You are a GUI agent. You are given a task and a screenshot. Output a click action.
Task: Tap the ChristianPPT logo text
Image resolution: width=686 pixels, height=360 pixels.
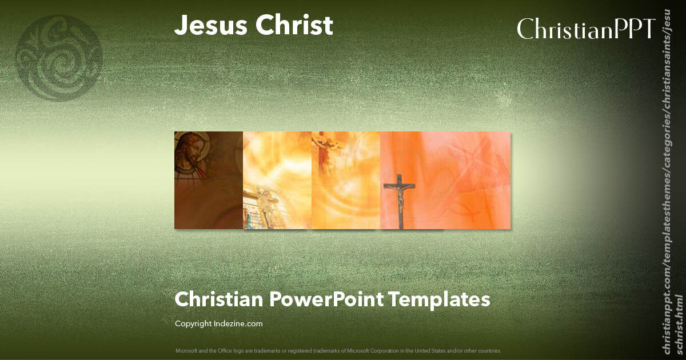pos(585,29)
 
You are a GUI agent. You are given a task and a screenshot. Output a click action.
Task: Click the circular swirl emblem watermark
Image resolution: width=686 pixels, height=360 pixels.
pos(58,57)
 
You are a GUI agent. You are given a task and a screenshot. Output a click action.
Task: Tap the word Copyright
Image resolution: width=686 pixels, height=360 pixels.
pos(193,324)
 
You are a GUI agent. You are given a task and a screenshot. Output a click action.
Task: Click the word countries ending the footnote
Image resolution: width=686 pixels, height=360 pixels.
pos(491,350)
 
